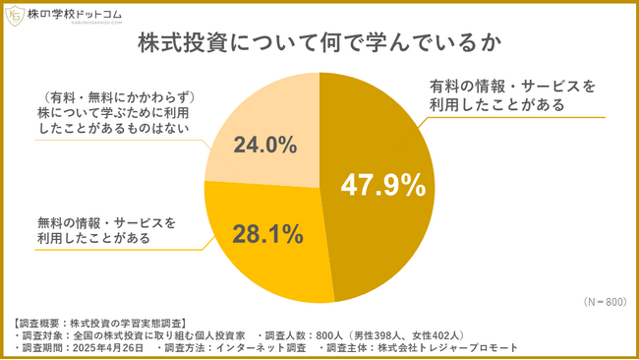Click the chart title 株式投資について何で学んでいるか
[x=319, y=45]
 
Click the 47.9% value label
[x=382, y=185]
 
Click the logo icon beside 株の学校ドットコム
[x=16, y=18]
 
